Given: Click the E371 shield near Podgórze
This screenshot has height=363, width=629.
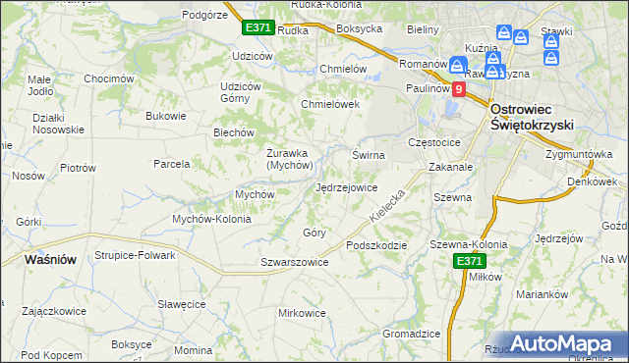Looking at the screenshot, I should [258, 27].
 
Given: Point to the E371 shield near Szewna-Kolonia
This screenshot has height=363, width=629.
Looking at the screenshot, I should [469, 261].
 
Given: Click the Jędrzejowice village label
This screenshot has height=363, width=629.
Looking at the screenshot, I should [346, 187].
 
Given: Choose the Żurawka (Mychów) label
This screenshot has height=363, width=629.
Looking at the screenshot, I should [289, 159].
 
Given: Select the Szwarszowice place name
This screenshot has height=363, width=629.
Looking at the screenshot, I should [294, 262].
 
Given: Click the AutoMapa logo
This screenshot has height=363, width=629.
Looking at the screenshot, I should [555, 343].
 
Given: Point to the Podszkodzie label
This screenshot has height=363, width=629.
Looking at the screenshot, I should [375, 245].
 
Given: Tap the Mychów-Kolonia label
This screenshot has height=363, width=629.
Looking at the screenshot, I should [211, 219].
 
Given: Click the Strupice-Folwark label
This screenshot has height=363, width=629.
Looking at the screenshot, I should [135, 255].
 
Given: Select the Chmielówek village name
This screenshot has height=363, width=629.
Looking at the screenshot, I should [331, 104].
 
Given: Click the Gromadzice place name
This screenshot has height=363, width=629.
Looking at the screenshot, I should [411, 334].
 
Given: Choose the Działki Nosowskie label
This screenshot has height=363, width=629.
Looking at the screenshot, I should [44, 124].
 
